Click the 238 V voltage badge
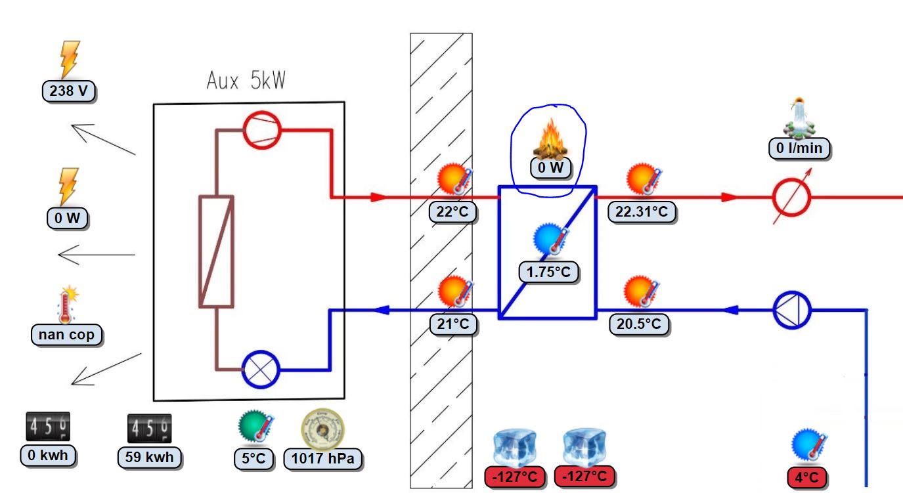pos(69,91)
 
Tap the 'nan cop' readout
pos(66,335)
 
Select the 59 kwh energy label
pos(150,457)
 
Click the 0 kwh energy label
pos(48,456)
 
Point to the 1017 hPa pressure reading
pos(323,459)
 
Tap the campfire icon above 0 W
pos(550,140)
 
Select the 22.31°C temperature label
pos(642,211)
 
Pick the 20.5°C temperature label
pos(638,324)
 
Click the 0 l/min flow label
pos(799,148)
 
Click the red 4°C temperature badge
pos(806,477)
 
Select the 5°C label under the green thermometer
pos(254,458)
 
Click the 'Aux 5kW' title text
pos(246,81)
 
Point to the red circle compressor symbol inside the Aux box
pos(262,130)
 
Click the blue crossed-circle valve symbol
pos(261,370)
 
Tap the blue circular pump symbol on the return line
pos(791,309)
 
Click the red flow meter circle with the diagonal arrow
pos(791,196)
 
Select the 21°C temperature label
pos(453,324)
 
